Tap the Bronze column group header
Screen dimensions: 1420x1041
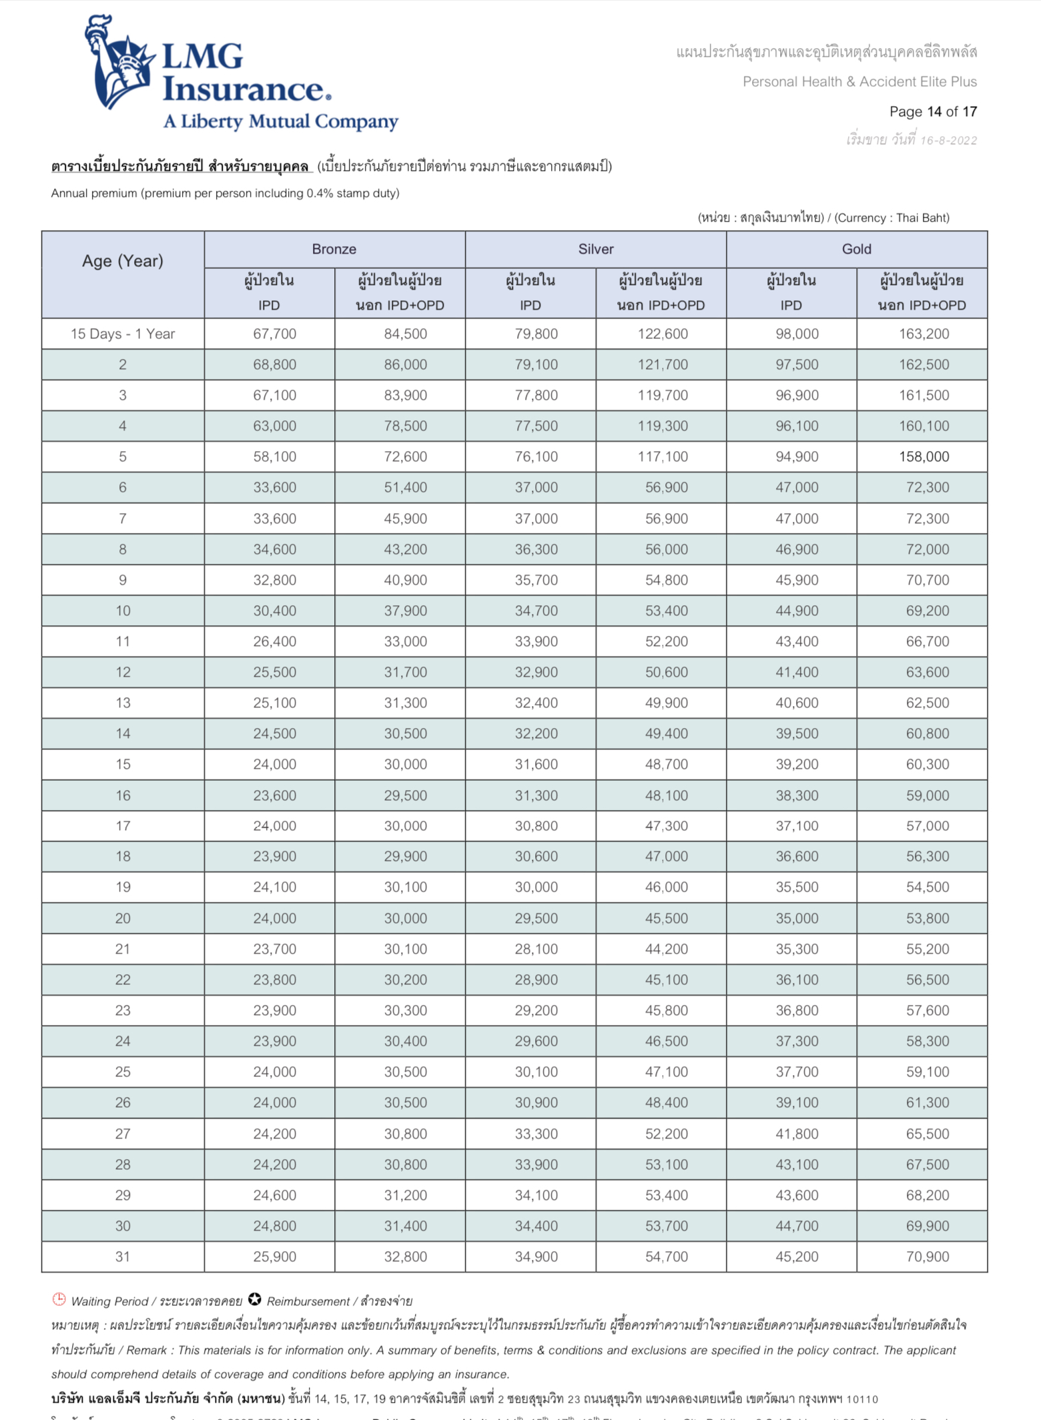pyautogui.click(x=334, y=249)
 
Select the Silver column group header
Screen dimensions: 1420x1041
pyautogui.click(x=595, y=249)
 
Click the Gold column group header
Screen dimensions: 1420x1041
pyautogui.click(x=856, y=249)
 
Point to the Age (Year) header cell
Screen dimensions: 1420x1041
pyautogui.click(x=123, y=261)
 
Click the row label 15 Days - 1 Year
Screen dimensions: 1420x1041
pyautogui.click(x=123, y=334)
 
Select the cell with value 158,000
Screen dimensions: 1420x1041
pyautogui.click(x=924, y=456)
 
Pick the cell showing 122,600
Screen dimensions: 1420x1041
pyautogui.click(x=662, y=334)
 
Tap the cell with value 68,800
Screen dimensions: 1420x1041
pyautogui.click(x=274, y=364)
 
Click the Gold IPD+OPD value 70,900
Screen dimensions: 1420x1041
pyautogui.click(x=927, y=1257)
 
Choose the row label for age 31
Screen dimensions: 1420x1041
pyautogui.click(x=123, y=1257)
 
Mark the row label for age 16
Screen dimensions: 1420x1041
pyautogui.click(x=123, y=795)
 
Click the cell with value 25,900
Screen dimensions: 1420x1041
pyautogui.click(x=274, y=1257)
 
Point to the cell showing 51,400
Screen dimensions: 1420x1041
pyautogui.click(x=405, y=487)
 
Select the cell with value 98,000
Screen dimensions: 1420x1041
pyautogui.click(x=797, y=334)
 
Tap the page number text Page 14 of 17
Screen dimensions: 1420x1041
pyautogui.click(x=932, y=111)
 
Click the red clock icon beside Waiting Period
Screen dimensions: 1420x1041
pyautogui.click(x=59, y=1299)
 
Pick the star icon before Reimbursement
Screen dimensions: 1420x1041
pyautogui.click(x=254, y=1299)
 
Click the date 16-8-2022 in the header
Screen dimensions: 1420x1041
pyautogui.click(x=948, y=141)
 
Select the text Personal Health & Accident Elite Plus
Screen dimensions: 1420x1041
pyautogui.click(x=859, y=82)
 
